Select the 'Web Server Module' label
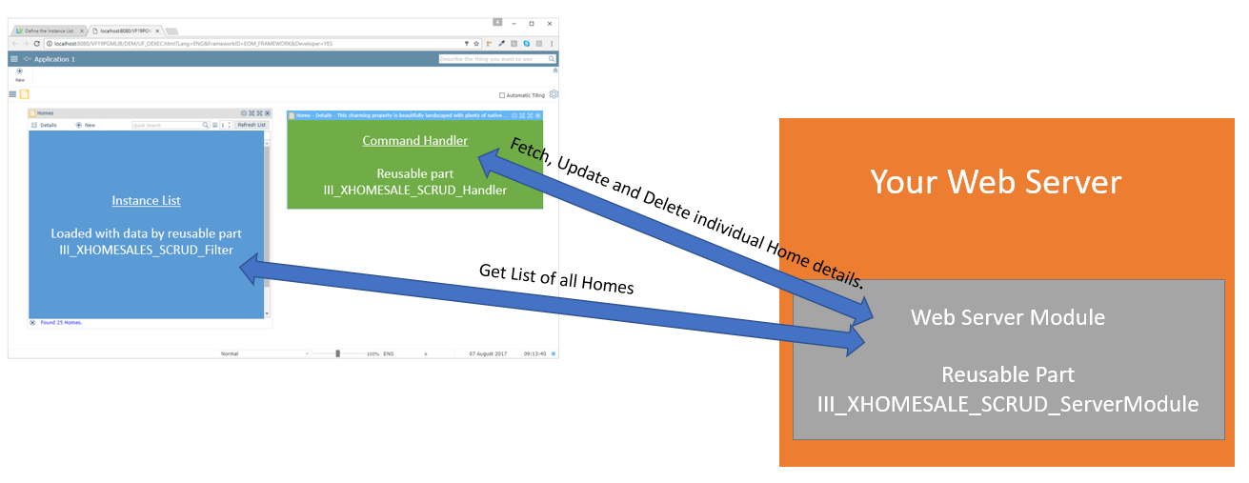click(x=1008, y=317)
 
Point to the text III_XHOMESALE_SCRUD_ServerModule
click(x=1008, y=404)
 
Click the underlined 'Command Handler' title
click(x=414, y=141)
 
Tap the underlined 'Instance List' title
click(x=146, y=201)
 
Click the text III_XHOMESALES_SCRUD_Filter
click(x=146, y=251)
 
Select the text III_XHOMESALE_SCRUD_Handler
click(x=414, y=190)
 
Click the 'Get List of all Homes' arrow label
click(x=555, y=278)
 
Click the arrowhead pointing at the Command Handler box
click(x=489, y=165)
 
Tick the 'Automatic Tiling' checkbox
click(x=502, y=95)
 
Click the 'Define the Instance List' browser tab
click(x=47, y=30)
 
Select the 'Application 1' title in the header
click(x=54, y=59)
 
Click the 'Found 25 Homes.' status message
click(x=61, y=323)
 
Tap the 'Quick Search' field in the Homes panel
click(x=166, y=125)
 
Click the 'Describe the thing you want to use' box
click(x=491, y=59)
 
